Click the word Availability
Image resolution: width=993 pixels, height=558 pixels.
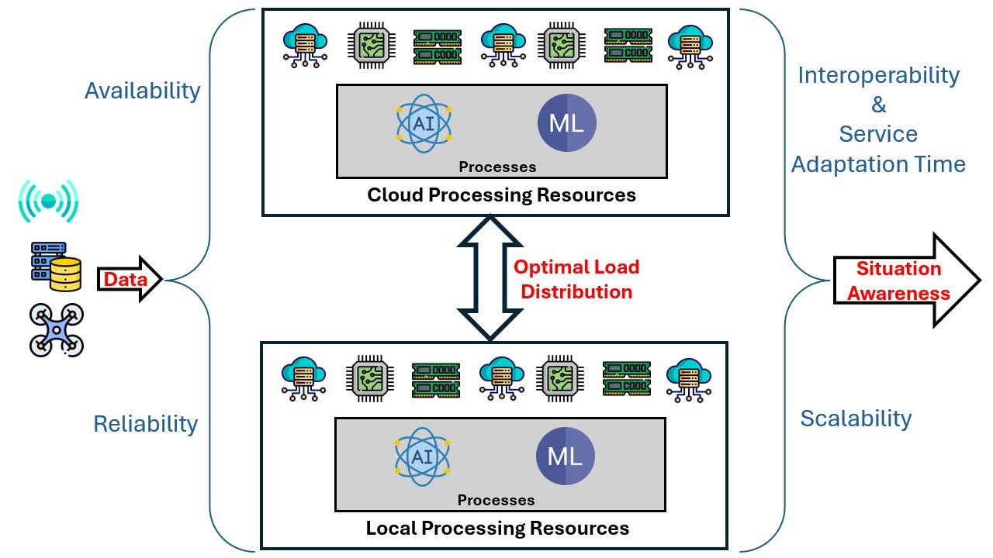pyautogui.click(x=142, y=91)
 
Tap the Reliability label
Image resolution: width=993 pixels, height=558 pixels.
pyautogui.click(x=145, y=424)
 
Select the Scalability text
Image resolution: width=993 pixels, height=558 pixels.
pyautogui.click(x=856, y=419)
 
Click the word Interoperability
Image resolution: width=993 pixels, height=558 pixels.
pyautogui.click(x=879, y=76)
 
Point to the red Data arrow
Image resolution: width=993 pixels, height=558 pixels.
pyautogui.click(x=130, y=280)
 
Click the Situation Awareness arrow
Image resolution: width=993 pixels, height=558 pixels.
pyautogui.click(x=907, y=281)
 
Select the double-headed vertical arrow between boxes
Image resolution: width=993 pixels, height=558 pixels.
pyautogui.click(x=490, y=278)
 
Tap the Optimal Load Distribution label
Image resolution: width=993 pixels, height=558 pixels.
pyautogui.click(x=576, y=280)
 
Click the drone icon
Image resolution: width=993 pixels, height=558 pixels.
pyautogui.click(x=57, y=330)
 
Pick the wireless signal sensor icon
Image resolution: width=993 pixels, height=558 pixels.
pyautogui.click(x=49, y=201)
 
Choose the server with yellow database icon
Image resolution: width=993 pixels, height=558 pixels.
pyautogui.click(x=57, y=266)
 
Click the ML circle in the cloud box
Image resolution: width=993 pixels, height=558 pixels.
pyautogui.click(x=566, y=122)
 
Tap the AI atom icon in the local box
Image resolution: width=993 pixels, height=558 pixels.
pyautogui.click(x=422, y=456)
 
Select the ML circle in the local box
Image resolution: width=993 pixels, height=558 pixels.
pyautogui.click(x=566, y=456)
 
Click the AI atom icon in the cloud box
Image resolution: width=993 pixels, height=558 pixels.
pyautogui.click(x=424, y=123)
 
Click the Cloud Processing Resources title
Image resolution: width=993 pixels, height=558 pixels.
pyautogui.click(x=501, y=195)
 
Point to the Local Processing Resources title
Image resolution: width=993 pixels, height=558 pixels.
pyautogui.click(x=497, y=529)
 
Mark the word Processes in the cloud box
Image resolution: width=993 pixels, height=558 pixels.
pyautogui.click(x=497, y=167)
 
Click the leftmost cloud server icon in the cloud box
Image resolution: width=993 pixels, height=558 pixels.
pyautogui.click(x=305, y=46)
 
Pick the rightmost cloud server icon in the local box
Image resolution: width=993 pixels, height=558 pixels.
pyautogui.click(x=689, y=380)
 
